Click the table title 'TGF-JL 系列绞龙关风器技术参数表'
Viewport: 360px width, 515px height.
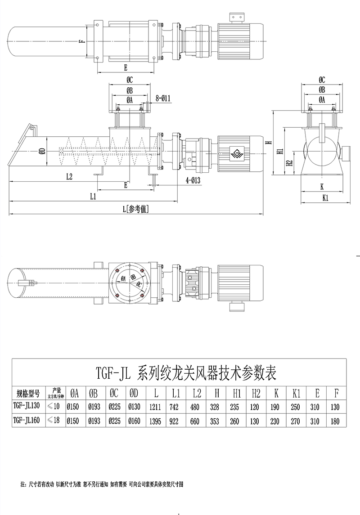pyautogui.click(x=186, y=373)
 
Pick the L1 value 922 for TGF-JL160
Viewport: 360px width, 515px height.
pyautogui.click(x=176, y=421)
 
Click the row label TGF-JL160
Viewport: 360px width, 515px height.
pyautogui.click(x=27, y=421)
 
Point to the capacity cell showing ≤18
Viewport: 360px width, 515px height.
pyautogui.click(x=56, y=421)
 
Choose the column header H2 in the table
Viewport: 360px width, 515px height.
pyautogui.click(x=256, y=393)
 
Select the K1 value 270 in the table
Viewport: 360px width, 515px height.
pyautogui.click(x=297, y=421)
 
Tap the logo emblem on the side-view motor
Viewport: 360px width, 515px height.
pyautogui.click(x=236, y=153)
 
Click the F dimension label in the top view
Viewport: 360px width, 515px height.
pyautogui.click(x=81, y=42)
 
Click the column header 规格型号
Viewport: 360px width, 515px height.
pyautogui.click(x=28, y=393)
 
